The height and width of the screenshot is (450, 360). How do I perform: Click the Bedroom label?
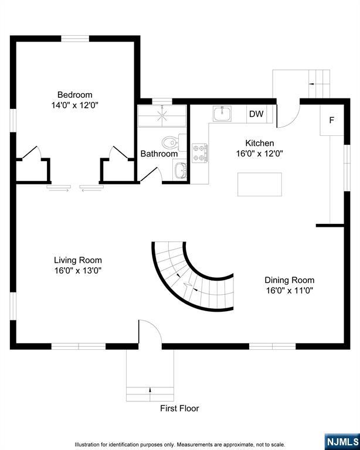pos(74,95)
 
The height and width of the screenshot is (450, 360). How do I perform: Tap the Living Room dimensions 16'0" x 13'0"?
pos(77,271)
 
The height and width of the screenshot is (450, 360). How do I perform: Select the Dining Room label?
pos(289,280)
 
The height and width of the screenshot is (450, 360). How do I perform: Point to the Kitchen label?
pos(259,143)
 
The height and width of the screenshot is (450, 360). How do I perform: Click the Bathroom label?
pos(158,154)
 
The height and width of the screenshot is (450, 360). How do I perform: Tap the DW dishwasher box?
pos(256,114)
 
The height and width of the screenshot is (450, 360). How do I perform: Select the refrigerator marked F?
pos(331,121)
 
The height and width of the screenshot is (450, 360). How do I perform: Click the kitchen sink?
pos(222,114)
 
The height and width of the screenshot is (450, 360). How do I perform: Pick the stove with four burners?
pos(200,152)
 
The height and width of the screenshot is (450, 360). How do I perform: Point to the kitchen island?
pos(259,184)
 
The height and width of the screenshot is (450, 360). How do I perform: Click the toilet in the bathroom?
pos(171,142)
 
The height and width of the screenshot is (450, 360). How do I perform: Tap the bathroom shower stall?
pos(161,116)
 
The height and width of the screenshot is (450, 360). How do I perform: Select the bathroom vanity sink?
pos(179,171)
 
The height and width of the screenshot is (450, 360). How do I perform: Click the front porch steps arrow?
pos(150,390)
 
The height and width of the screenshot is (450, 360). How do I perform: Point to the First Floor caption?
pos(179,408)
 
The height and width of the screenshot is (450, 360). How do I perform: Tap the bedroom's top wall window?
pos(75,39)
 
